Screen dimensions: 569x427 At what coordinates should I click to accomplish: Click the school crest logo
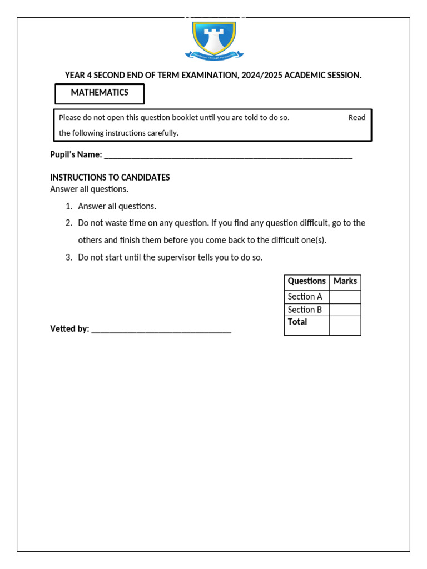tap(214, 38)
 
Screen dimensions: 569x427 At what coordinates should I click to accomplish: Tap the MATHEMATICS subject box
tap(100, 93)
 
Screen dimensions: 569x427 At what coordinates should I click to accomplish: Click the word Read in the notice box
tap(357, 118)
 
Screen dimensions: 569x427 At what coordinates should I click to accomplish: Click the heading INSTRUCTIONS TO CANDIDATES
tap(110, 178)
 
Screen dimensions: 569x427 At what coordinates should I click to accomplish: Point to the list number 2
tap(69, 223)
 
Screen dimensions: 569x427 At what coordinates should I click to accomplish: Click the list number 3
tap(69, 258)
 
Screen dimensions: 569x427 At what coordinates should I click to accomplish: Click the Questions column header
tap(307, 282)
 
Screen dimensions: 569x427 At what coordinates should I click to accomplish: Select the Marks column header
tap(345, 282)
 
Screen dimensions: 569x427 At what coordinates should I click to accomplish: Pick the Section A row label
tap(305, 297)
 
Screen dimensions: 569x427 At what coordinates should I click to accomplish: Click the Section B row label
tap(305, 310)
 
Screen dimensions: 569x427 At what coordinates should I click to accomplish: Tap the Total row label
tap(297, 322)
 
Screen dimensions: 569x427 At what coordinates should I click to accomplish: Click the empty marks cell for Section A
tap(345, 297)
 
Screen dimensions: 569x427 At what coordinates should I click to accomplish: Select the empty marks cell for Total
tap(345, 326)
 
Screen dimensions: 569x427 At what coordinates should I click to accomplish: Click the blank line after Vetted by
tap(161, 330)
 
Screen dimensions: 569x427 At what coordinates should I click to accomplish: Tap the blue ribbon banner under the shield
tap(214, 55)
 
